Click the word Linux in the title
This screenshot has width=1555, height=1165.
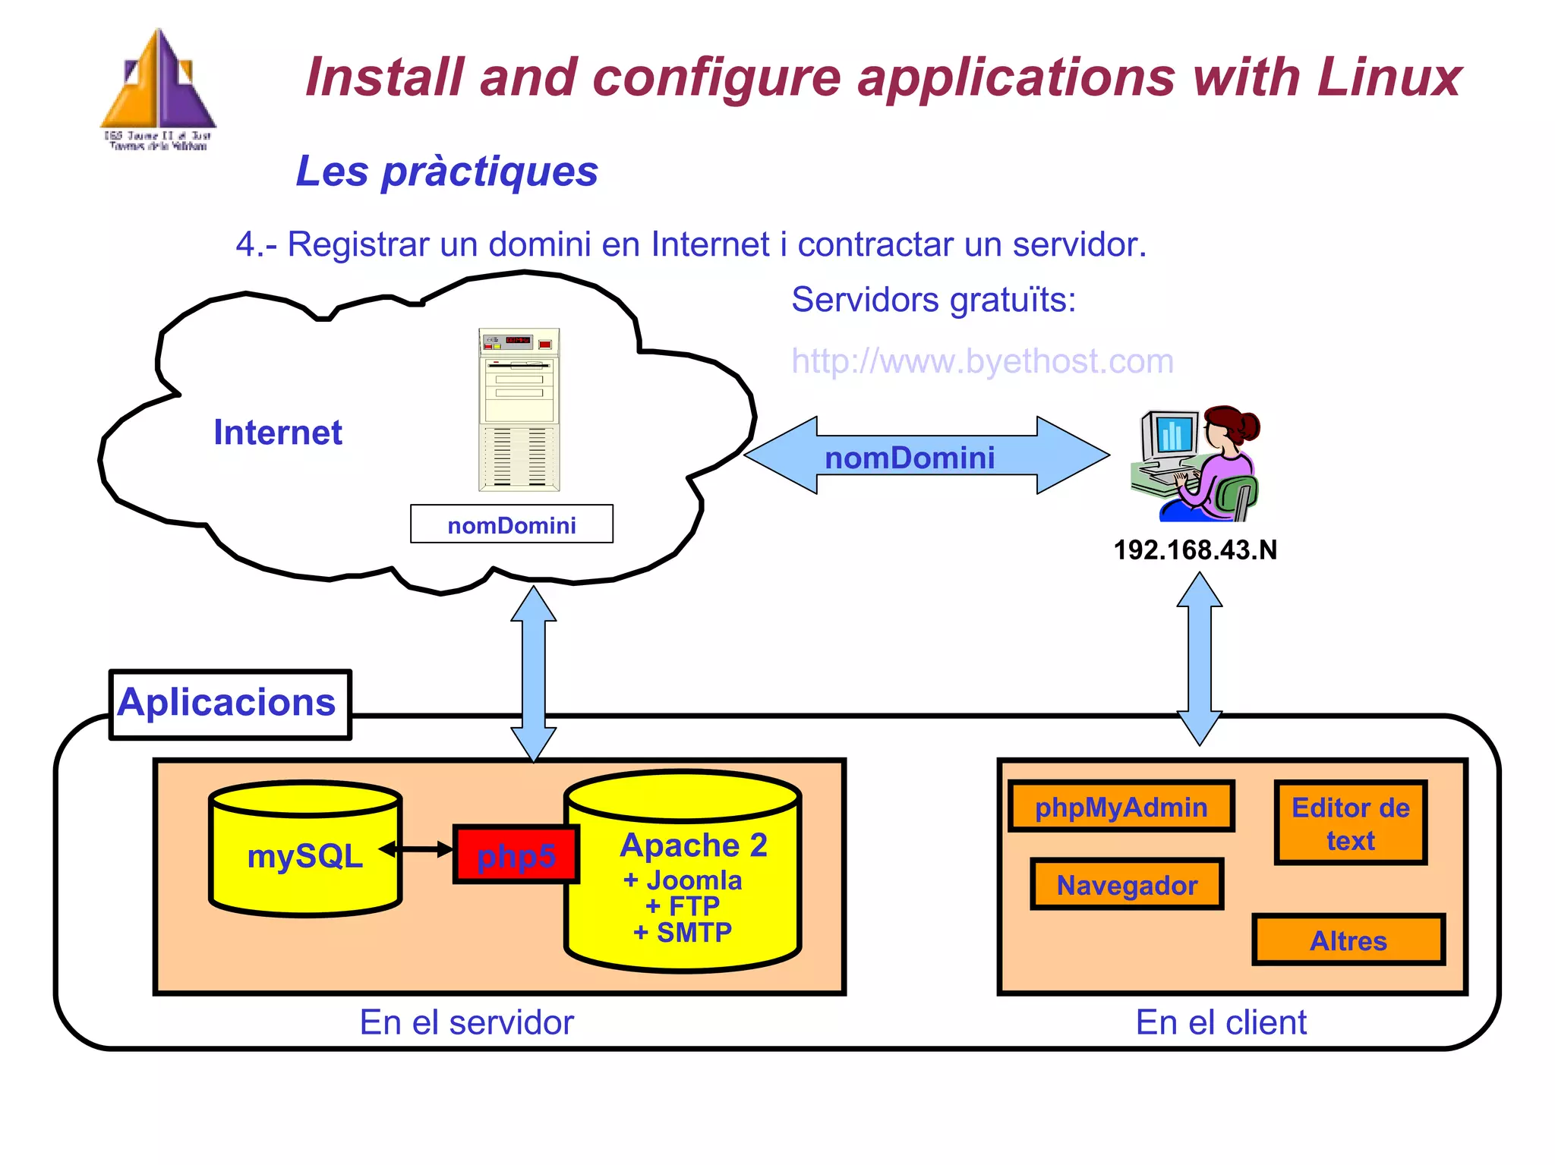coord(1389,77)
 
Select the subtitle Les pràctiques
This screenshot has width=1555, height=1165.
coord(446,172)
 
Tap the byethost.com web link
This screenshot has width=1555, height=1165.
coord(982,361)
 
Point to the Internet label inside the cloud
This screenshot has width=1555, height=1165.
coord(278,433)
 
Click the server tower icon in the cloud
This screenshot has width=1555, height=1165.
coord(519,410)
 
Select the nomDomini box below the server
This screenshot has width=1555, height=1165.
coord(512,524)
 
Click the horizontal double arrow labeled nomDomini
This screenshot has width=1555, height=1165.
coord(926,456)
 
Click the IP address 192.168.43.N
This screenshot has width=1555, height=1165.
coord(1195,550)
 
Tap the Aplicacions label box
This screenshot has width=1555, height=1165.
coord(229,704)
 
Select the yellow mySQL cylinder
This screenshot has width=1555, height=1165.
coord(305,850)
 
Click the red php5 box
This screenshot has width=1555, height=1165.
coord(516,855)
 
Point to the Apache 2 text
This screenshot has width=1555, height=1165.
coord(693,845)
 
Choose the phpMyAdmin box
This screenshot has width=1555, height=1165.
coord(1121,807)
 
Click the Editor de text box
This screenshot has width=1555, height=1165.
coord(1350,823)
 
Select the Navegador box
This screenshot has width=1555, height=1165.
coord(1127,885)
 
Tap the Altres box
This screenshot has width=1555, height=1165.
coord(1348,940)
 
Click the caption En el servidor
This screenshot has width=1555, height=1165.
coord(466,1022)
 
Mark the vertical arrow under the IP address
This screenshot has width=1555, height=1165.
coord(1199,659)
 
